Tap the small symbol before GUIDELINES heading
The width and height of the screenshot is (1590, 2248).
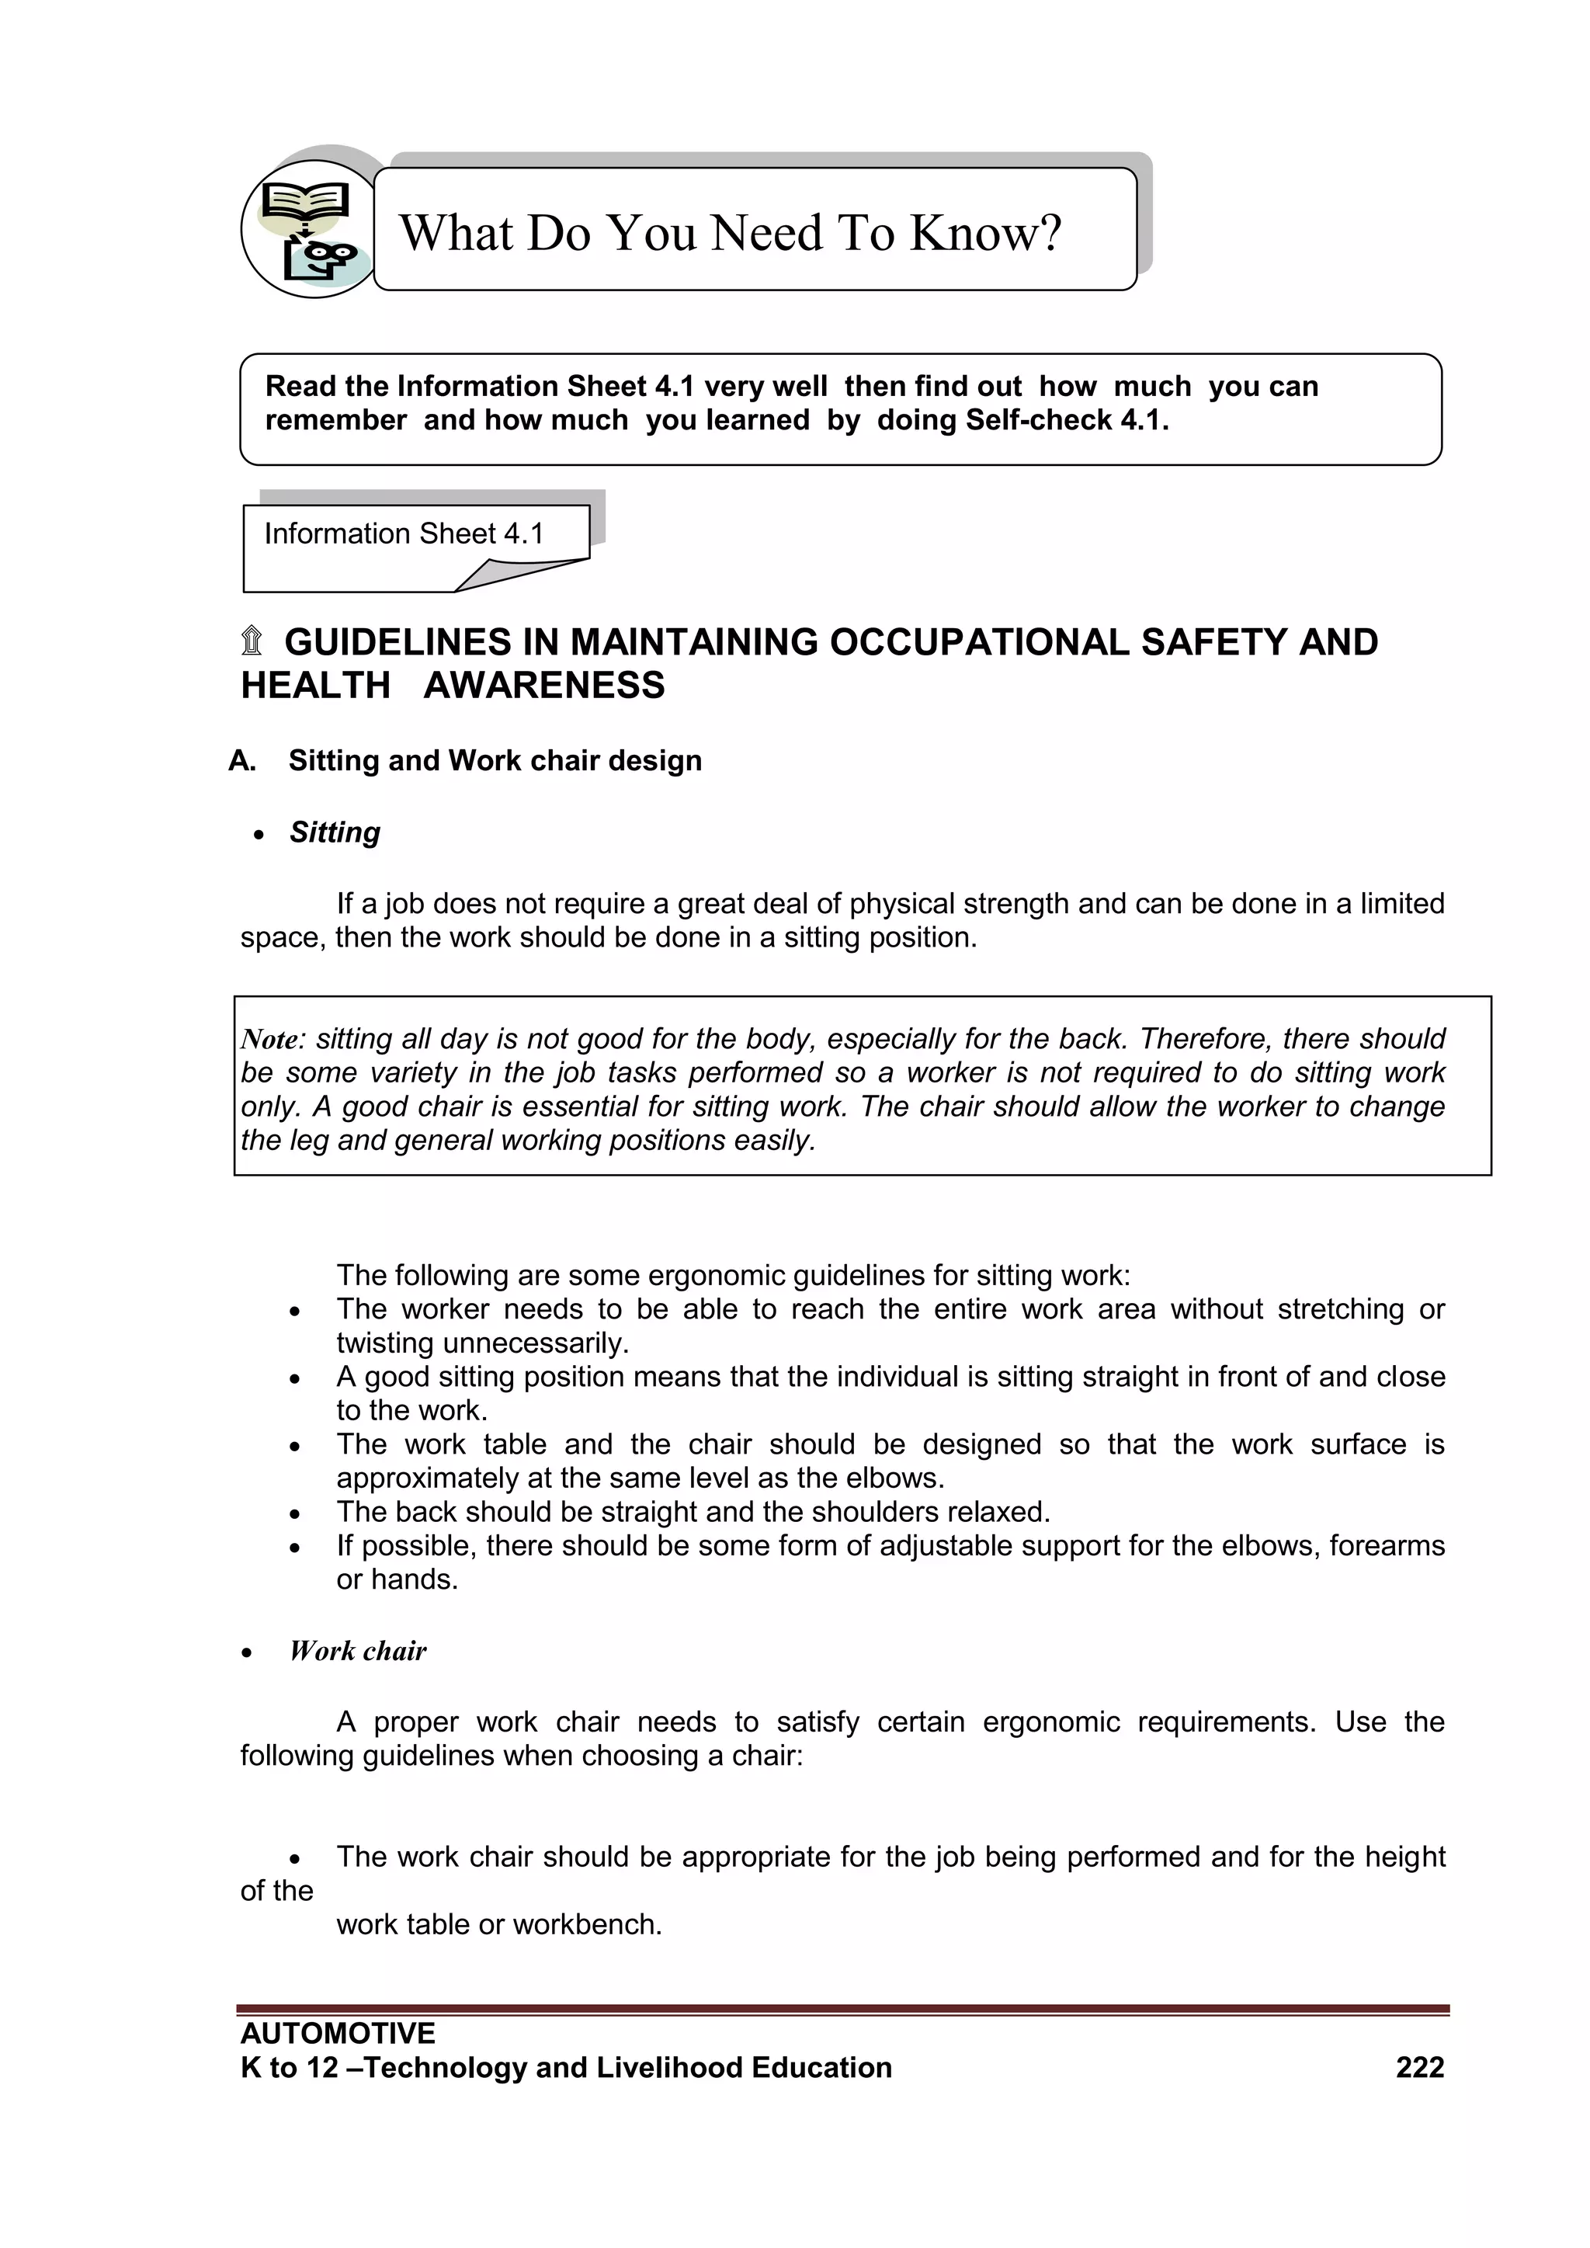[x=252, y=641]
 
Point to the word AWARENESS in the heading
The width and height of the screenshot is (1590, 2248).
[x=543, y=686]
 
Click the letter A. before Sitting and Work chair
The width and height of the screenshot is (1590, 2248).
[x=241, y=761]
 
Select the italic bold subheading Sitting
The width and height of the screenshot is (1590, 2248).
[x=335, y=832]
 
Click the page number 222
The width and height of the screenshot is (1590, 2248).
[x=1420, y=2067]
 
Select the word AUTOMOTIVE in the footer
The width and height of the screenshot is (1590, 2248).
[x=338, y=2033]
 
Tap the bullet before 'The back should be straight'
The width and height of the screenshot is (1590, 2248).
[x=295, y=1513]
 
